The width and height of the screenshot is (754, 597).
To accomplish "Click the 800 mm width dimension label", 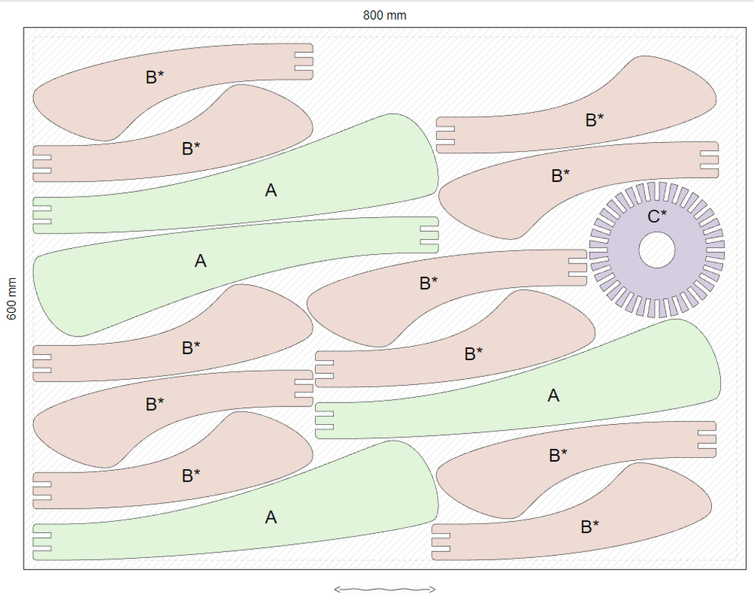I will [x=384, y=15].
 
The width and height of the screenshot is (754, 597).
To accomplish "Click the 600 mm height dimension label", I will [x=12, y=298].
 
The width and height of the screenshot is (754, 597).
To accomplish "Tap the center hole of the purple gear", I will [x=657, y=250].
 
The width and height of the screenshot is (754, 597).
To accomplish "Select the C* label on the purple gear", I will [x=657, y=216].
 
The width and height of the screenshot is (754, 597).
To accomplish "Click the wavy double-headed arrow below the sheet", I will [x=384, y=588].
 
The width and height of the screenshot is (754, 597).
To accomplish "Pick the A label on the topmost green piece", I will [x=271, y=191].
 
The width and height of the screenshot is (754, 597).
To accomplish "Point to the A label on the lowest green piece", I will [x=271, y=517].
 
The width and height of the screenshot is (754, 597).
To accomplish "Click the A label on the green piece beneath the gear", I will [x=554, y=395].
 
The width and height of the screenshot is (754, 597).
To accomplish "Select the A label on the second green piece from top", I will [x=200, y=261].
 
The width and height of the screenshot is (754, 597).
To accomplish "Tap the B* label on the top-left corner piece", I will [x=155, y=77].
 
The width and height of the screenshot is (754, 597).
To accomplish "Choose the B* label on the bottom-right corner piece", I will [x=590, y=526].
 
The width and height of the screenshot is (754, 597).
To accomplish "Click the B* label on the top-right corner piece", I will [x=595, y=120].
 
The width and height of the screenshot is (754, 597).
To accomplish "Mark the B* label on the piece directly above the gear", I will [x=561, y=176].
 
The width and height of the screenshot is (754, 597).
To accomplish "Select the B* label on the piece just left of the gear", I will [x=429, y=283].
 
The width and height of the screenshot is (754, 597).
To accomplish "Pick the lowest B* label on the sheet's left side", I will [x=191, y=476].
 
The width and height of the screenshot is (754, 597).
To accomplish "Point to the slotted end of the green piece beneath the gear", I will [x=325, y=420].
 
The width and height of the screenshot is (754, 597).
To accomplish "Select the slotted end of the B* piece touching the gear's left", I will [x=577, y=267].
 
